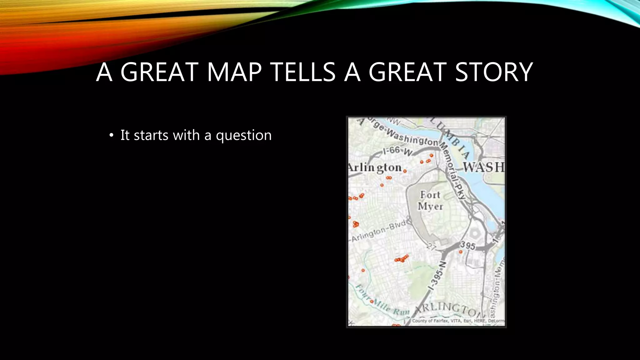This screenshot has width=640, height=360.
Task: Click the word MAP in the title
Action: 234,72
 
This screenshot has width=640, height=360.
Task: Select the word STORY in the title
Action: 494,72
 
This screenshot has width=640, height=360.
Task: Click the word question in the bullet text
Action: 243,136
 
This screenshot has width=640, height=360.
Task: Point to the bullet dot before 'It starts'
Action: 111,136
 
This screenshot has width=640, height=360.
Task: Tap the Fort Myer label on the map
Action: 430,200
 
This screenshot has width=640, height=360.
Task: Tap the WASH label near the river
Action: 483,167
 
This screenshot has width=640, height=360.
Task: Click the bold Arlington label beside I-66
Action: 375,168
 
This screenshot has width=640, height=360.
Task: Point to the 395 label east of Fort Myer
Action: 467,246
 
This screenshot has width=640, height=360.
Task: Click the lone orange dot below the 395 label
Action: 461,252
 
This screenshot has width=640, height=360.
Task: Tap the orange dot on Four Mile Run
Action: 372,302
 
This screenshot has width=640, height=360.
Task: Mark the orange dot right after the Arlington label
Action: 405,171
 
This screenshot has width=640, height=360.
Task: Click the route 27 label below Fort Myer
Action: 431,247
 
